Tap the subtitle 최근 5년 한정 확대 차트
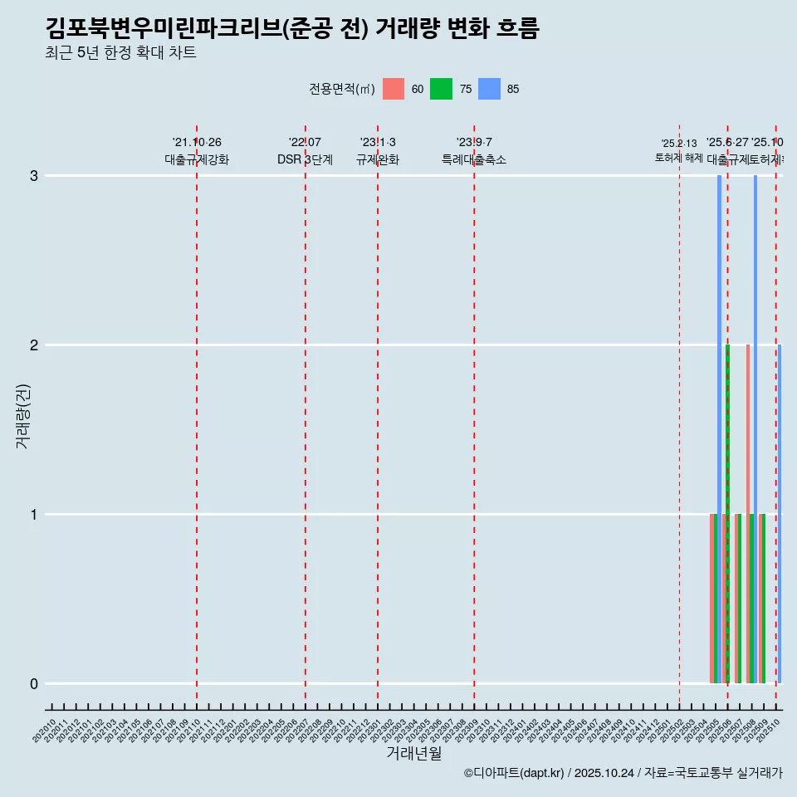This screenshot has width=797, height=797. click(x=120, y=53)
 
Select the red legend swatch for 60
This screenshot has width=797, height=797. click(x=394, y=89)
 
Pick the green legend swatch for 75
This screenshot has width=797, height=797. click(x=441, y=89)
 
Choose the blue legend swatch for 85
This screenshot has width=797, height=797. click(x=489, y=89)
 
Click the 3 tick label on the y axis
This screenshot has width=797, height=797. click(x=34, y=176)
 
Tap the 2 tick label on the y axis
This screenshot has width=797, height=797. click(x=34, y=345)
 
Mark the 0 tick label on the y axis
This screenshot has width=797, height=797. click(x=34, y=684)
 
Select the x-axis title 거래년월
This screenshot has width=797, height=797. click(x=413, y=754)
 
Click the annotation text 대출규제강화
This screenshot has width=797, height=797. click(x=196, y=160)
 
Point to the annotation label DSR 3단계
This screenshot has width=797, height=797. click(x=305, y=160)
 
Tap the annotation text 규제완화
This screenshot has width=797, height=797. click(x=378, y=160)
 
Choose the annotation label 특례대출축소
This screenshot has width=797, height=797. click(x=474, y=160)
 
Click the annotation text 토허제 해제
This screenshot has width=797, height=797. click(x=679, y=158)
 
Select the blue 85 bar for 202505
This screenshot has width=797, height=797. click(x=720, y=429)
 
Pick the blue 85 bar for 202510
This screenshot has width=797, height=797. click(x=780, y=514)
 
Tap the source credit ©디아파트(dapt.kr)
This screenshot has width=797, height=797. click(x=515, y=773)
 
